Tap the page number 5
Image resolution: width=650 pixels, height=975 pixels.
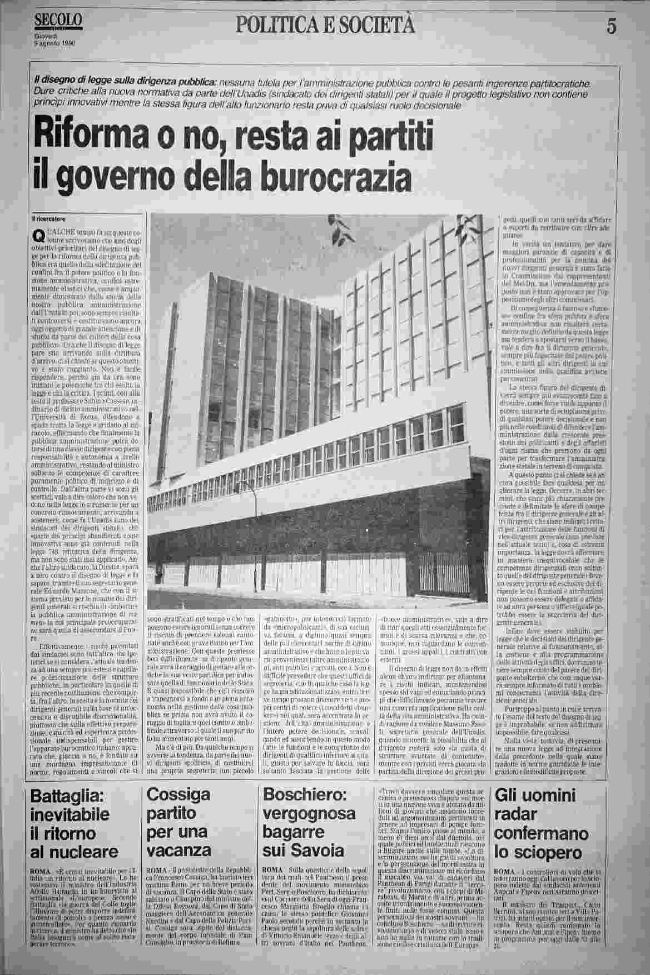click(x=612, y=27)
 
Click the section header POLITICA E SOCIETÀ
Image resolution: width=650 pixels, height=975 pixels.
click(x=326, y=24)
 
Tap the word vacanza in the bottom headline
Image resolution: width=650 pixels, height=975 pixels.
click(x=176, y=852)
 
